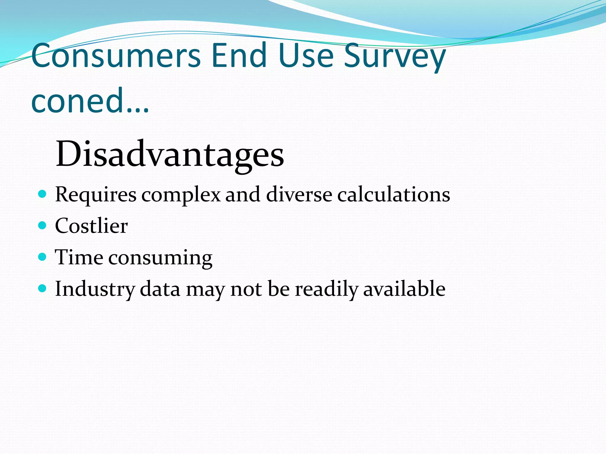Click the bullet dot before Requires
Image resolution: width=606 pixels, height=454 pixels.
(43, 194)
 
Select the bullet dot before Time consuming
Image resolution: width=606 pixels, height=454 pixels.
(43, 257)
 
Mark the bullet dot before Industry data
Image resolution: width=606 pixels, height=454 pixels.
(43, 288)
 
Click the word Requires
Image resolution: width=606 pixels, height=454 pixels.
(96, 195)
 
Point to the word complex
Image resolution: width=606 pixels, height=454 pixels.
(181, 195)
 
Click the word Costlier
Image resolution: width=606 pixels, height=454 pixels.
(91, 226)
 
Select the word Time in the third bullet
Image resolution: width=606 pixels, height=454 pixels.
(79, 257)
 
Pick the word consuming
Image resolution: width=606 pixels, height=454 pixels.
(160, 258)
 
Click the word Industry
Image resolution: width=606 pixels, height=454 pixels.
(95, 289)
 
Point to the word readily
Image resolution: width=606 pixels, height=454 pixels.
(326, 289)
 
